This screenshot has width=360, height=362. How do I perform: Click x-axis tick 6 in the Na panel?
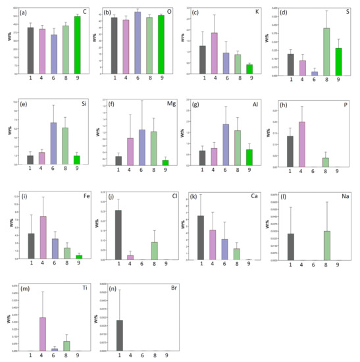315,266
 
